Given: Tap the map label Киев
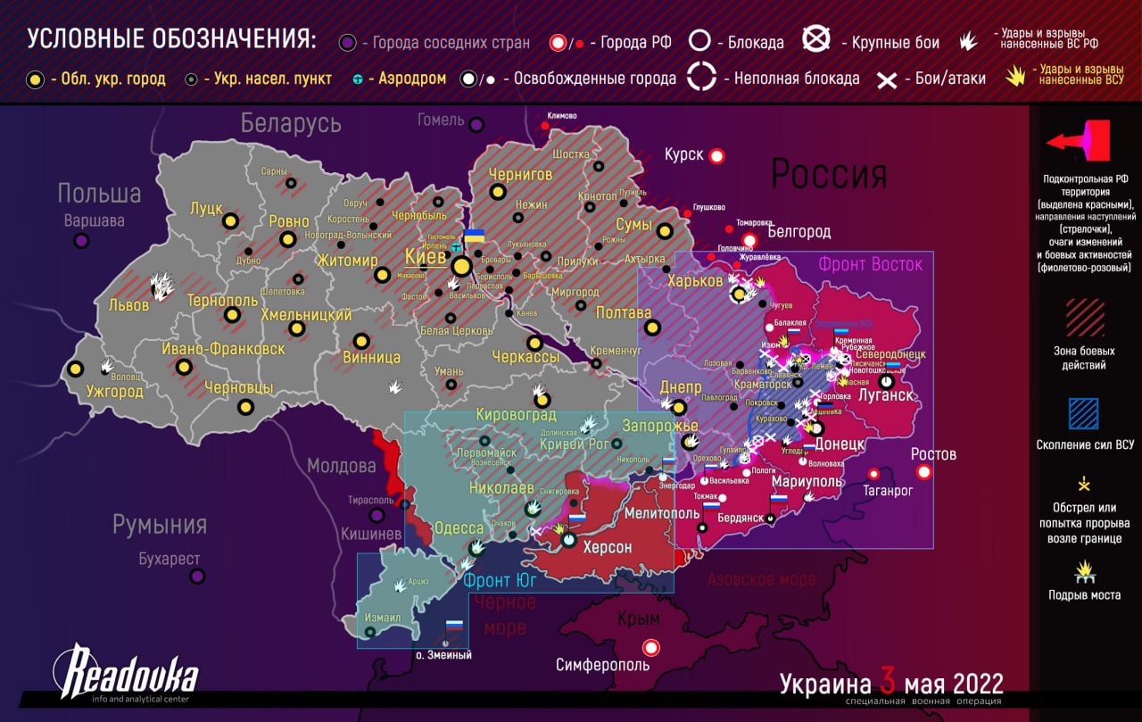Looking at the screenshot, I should point(426,256).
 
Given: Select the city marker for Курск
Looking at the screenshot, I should point(716,157).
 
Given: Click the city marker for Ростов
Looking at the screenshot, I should point(924,471).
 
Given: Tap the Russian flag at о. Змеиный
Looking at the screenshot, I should point(454,627).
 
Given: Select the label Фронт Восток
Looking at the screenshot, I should point(870,264).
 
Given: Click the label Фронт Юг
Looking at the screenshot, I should point(500,580).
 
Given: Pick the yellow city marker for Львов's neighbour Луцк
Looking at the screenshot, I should point(230,220).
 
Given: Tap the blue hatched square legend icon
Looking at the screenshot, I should point(1084,413).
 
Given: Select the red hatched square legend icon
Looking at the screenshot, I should point(1084,317).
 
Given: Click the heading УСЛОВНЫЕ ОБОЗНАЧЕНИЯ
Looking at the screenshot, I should point(170,39).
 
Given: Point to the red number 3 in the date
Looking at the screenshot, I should point(887,683).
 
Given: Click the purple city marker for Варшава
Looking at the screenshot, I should point(81,241).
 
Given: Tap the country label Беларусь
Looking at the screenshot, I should point(291,123).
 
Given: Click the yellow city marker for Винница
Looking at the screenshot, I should point(361,341).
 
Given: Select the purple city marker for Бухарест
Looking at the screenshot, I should point(197,577).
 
